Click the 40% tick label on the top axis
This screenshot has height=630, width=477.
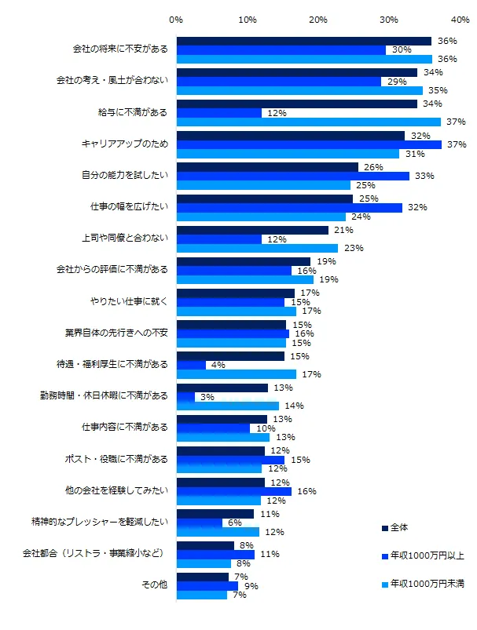point(460,18)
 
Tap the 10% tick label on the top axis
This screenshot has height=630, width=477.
point(247,18)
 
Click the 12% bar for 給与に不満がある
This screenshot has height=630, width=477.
point(219,113)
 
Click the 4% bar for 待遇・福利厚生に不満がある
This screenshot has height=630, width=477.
point(191,365)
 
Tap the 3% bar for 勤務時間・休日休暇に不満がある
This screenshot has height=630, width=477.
point(186,396)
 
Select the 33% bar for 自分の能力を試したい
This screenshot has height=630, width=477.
point(293,176)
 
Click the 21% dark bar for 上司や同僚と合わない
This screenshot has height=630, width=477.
point(252,230)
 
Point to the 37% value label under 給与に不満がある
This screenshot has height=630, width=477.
point(456,122)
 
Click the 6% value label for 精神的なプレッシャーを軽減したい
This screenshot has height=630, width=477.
point(233,523)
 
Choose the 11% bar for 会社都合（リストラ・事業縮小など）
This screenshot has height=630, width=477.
point(216,554)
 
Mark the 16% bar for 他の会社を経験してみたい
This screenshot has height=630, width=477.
point(234,491)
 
